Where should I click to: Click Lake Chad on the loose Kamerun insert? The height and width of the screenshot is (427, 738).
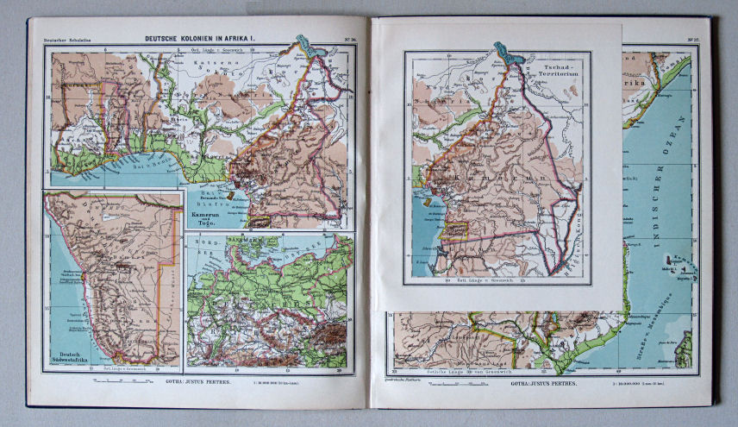508,53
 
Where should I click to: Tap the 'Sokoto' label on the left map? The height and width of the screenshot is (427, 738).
191,75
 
